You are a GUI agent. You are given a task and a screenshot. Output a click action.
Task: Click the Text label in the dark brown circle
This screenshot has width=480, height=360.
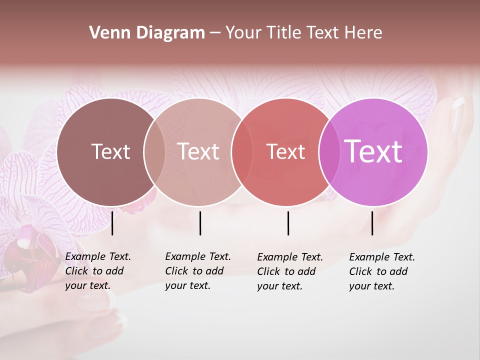click(x=110, y=151)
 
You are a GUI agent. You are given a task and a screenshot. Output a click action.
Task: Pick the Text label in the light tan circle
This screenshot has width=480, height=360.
click(x=198, y=151)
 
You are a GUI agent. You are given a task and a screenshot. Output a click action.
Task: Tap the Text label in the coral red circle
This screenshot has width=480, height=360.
click(x=285, y=151)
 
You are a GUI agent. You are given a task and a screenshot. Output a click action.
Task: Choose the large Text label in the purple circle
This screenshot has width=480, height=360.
click(x=373, y=151)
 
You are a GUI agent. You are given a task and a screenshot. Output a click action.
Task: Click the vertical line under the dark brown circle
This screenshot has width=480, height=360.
click(x=112, y=223)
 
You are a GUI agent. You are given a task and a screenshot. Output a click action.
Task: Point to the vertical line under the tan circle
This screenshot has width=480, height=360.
click(x=200, y=223)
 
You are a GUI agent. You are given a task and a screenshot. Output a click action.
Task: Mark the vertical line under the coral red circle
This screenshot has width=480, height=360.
click(x=288, y=223)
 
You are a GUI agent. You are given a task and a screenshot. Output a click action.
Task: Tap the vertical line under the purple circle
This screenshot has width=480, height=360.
click(x=372, y=223)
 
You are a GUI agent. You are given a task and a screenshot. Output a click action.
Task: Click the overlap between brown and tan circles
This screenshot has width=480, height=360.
click(x=154, y=151)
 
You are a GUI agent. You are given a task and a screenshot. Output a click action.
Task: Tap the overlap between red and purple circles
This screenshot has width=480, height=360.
click(x=329, y=151)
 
